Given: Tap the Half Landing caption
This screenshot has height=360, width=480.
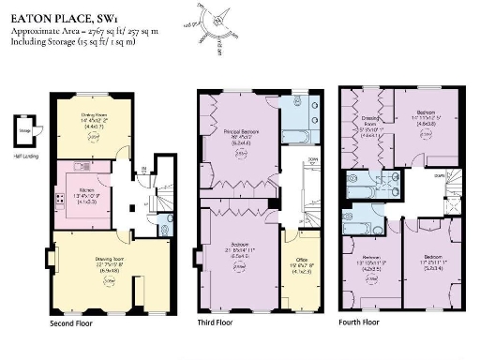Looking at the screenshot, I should [x=24, y=155].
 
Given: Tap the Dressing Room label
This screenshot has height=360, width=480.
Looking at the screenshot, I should [x=366, y=127].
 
